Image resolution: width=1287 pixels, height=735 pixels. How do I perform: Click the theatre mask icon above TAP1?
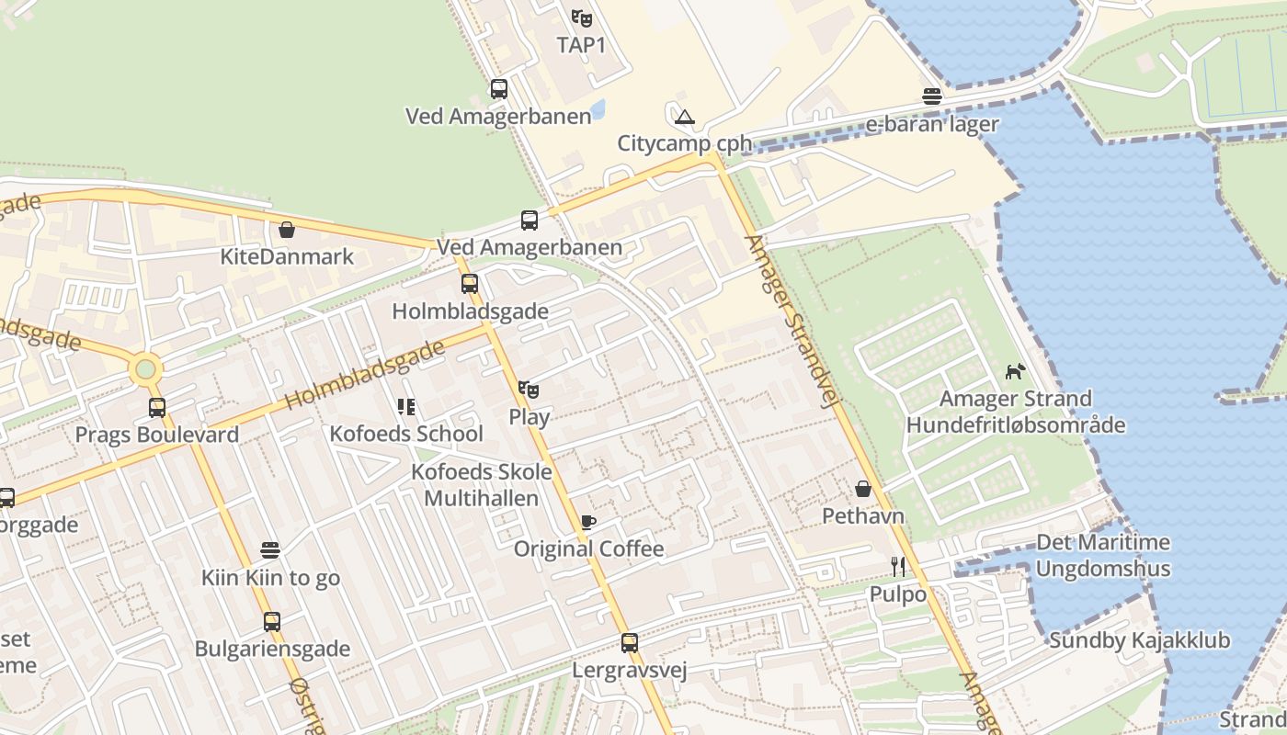(x=581, y=17)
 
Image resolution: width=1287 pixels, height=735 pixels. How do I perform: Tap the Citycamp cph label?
(x=684, y=143)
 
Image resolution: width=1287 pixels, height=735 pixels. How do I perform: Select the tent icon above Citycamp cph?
(x=684, y=117)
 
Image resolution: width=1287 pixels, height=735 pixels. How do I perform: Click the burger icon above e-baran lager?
(x=932, y=96)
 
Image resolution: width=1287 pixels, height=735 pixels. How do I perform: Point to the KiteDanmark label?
(x=287, y=256)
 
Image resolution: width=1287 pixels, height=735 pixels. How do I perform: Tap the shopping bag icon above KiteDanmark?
(x=287, y=230)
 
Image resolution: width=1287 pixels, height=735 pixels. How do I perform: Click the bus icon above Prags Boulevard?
(x=157, y=407)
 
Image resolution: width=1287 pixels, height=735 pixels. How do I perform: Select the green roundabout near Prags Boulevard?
(x=145, y=370)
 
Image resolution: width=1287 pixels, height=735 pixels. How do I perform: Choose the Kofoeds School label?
(x=406, y=434)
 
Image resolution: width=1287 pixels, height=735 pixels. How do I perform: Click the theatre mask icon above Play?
(x=529, y=390)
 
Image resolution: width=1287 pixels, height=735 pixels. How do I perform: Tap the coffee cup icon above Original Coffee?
(x=588, y=523)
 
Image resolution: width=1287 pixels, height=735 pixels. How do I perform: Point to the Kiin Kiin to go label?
(x=270, y=578)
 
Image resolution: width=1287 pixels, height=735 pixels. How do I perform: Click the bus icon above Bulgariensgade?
(x=272, y=622)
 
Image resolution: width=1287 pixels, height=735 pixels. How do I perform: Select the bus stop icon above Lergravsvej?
(x=630, y=643)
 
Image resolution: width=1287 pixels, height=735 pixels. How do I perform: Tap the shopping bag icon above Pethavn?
(x=863, y=489)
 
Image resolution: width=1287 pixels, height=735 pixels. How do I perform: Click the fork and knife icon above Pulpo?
(x=898, y=567)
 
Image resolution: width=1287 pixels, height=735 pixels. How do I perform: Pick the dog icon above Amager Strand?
(x=1015, y=372)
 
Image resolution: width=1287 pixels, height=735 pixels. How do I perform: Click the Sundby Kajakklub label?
(x=1139, y=640)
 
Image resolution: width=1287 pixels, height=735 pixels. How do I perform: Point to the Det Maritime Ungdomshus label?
(x=1103, y=556)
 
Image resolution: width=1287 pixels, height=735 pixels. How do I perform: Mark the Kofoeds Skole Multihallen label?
(x=482, y=485)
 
